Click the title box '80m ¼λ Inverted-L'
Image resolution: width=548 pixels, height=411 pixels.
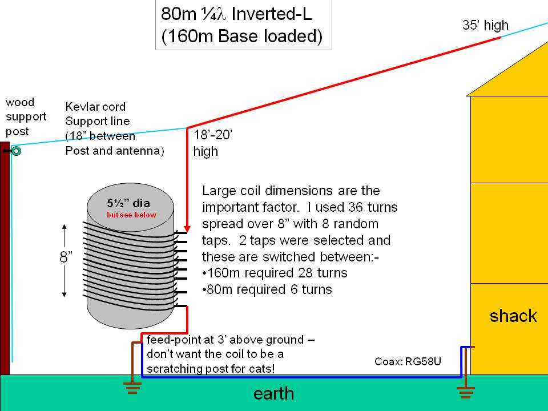click(244, 25)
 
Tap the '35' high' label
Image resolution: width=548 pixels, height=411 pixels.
click(485, 25)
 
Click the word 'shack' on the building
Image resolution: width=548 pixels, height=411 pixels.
click(513, 316)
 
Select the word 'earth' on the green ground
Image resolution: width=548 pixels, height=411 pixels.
click(273, 393)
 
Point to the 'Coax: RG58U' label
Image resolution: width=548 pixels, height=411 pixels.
click(408, 361)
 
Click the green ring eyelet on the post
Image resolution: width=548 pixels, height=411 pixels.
click(16, 151)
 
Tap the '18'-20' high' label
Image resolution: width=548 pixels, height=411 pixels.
click(213, 143)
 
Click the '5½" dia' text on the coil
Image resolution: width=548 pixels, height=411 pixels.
click(128, 203)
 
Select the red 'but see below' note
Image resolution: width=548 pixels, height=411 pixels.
click(131, 215)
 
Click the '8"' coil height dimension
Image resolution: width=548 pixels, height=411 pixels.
click(66, 257)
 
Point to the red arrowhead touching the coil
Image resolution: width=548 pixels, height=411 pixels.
click(187, 229)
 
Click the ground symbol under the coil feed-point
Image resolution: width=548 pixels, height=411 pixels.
click(132, 388)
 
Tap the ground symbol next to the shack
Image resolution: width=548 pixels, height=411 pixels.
click(466, 393)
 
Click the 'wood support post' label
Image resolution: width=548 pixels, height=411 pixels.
click(26, 116)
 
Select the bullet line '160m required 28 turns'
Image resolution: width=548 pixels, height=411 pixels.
click(275, 273)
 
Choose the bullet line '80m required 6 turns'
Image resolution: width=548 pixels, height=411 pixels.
click(267, 289)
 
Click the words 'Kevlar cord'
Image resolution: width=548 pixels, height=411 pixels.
click(95, 107)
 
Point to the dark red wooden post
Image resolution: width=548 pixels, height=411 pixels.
click(5, 258)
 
